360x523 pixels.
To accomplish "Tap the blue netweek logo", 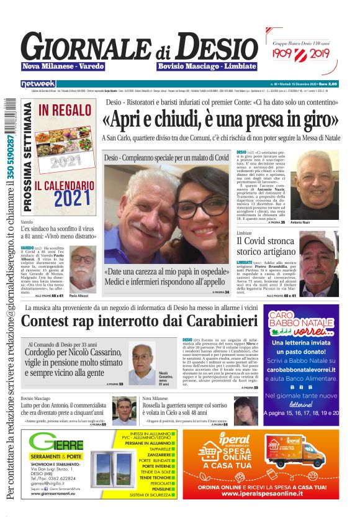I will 38,83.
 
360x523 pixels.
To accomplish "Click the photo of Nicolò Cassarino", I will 142,361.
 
